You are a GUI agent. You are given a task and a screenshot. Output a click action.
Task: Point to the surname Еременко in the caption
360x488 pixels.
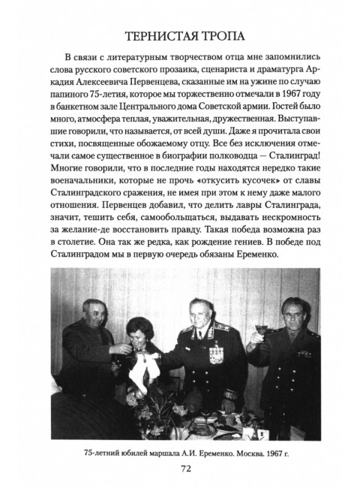pos(194,449)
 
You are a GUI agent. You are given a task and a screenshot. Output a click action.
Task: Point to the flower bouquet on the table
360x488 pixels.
pos(157,402)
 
